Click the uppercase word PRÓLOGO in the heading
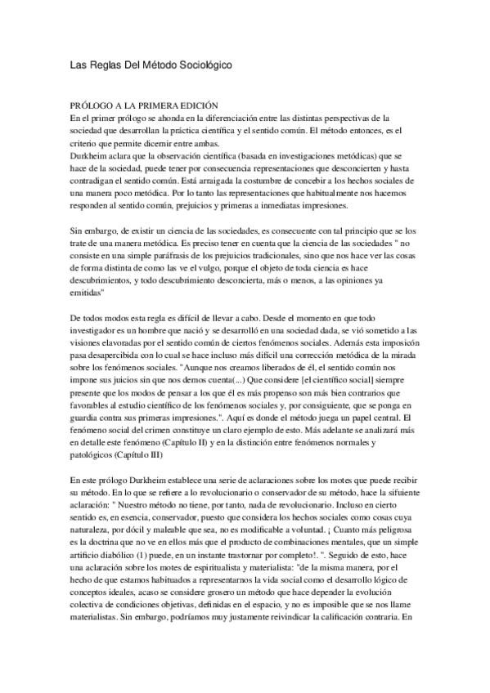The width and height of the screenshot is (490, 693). tap(93, 106)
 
